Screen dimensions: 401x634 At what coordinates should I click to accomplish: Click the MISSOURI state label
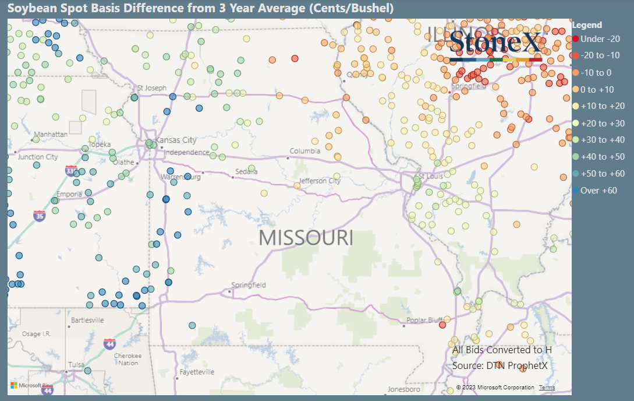pyautogui.click(x=306, y=238)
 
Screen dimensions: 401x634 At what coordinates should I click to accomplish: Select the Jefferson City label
pyautogui.click(x=320, y=181)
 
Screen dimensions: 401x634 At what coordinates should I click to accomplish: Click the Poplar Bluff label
pyautogui.click(x=424, y=320)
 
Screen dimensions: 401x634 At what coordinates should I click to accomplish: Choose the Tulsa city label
pyautogui.click(x=76, y=365)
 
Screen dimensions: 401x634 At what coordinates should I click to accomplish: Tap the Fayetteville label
pyautogui.click(x=197, y=372)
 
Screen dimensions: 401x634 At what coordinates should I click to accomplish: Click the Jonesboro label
pyautogui.click(x=404, y=389)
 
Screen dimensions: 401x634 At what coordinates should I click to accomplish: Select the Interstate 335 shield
pyautogui.click(x=71, y=171)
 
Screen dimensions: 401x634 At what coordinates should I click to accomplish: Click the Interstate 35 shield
pyautogui.click(x=40, y=215)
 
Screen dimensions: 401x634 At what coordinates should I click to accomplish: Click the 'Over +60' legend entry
pyautogui.click(x=598, y=191)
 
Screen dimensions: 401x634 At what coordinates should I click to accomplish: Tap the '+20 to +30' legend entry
pyautogui.click(x=601, y=123)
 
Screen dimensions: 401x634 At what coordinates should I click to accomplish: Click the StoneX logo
pyautogui.click(x=495, y=44)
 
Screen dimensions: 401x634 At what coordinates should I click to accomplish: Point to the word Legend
pyautogui.click(x=587, y=25)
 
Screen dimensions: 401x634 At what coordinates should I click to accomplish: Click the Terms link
pyautogui.click(x=547, y=388)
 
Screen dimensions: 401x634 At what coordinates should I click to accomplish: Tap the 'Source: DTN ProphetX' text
pyautogui.click(x=500, y=365)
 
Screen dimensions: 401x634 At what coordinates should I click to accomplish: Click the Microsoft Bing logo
pyautogui.click(x=31, y=385)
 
